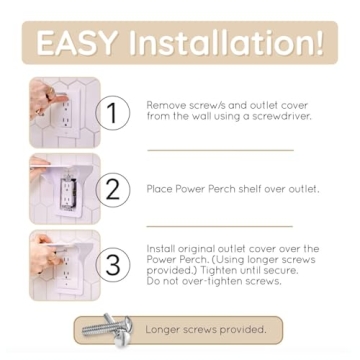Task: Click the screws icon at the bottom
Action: point(105,329)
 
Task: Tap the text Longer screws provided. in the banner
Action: point(205,329)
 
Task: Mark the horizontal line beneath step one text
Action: point(220,150)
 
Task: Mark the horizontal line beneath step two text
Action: point(220,225)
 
